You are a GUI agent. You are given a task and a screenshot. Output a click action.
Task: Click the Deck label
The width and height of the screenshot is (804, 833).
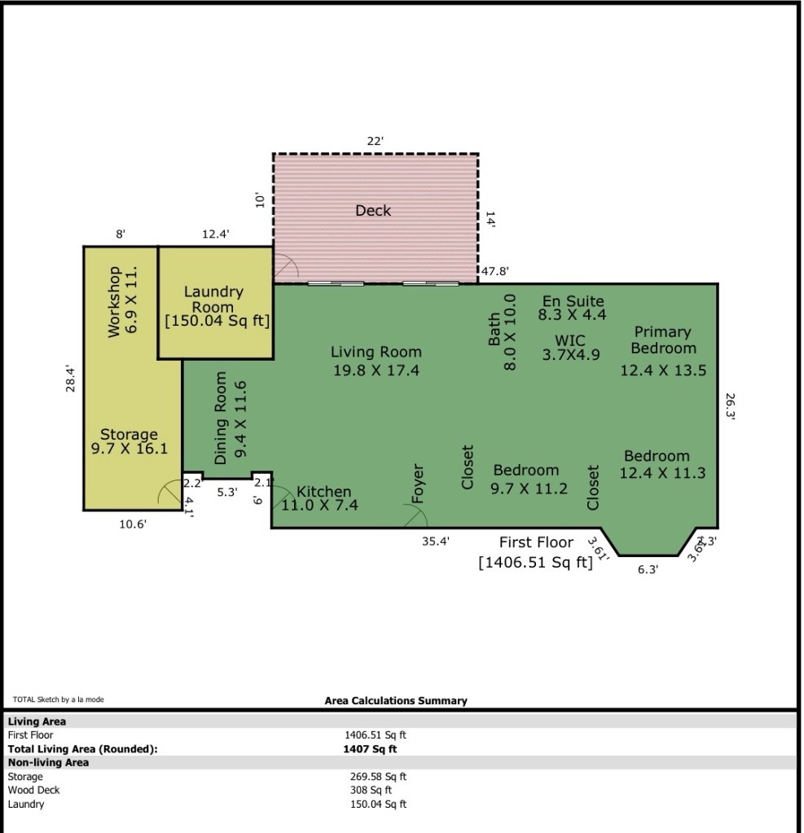tap(373, 211)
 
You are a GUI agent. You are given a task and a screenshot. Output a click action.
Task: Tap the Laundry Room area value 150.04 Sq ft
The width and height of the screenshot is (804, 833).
tap(217, 321)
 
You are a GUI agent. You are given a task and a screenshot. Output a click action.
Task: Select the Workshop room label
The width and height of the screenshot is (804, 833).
tap(114, 302)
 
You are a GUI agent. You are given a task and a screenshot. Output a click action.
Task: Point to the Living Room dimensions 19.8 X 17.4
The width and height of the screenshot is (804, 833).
tap(376, 370)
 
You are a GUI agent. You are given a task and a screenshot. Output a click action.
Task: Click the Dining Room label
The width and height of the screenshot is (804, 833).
tap(221, 418)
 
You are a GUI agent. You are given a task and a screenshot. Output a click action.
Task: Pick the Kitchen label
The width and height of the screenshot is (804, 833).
tap(323, 491)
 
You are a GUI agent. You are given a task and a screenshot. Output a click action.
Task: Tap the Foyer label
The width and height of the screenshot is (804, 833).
tap(418, 484)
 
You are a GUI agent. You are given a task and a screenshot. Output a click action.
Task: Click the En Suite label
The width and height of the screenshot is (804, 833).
tap(573, 301)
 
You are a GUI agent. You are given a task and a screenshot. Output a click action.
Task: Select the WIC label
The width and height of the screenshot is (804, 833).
tap(570, 340)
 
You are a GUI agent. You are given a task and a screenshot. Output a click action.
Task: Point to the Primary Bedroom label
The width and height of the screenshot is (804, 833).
tap(663, 340)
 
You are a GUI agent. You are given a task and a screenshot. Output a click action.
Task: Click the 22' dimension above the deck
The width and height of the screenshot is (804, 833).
tap(376, 141)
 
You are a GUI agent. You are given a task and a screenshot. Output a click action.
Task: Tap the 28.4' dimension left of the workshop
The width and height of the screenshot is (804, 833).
tap(70, 379)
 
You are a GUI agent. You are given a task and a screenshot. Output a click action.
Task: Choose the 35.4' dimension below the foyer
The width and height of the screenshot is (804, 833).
tap(436, 541)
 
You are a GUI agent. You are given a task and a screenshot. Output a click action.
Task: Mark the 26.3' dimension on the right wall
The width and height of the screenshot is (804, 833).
tap(730, 407)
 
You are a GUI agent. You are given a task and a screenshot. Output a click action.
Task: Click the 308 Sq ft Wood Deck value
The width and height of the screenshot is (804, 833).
tap(371, 790)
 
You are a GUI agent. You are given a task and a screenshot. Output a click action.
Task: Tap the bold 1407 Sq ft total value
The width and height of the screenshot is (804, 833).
tap(370, 749)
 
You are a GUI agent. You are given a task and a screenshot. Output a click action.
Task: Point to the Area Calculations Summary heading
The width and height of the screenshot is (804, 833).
tap(396, 701)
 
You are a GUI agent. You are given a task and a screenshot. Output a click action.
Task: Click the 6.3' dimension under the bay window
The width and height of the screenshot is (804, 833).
tap(648, 569)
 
